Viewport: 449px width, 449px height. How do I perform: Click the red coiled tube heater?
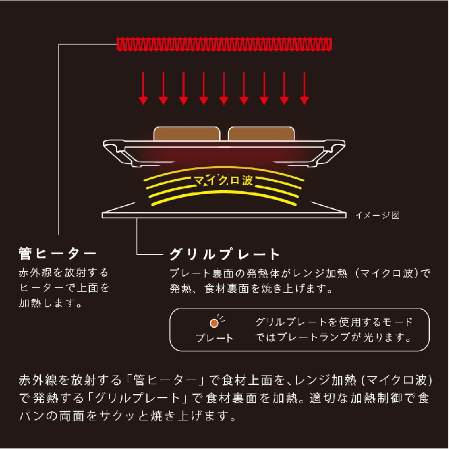[x=224, y=44]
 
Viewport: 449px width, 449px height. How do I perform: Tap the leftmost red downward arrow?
[x=143, y=88]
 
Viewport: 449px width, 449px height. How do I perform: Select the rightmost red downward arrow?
[x=304, y=88]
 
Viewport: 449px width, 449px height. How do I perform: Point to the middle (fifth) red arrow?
[x=224, y=88]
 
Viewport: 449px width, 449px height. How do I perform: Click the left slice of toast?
[x=187, y=134]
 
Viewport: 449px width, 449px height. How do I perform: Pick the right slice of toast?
[x=261, y=134]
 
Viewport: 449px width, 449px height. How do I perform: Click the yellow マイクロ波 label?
[x=223, y=180]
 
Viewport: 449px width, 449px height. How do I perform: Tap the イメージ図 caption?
[x=377, y=215]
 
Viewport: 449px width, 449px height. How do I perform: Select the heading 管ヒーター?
[x=57, y=254]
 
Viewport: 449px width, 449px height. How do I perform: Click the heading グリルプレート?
[x=224, y=254]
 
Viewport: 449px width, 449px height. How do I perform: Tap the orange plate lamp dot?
[x=214, y=323]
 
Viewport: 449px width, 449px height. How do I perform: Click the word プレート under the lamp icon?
[x=215, y=338]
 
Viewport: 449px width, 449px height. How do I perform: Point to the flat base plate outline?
[x=224, y=215]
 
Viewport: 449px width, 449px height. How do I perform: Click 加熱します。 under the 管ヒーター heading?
[x=50, y=303]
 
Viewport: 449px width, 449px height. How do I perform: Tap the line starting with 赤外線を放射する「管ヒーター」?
[x=226, y=380]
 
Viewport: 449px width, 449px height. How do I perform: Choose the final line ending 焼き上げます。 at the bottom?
[x=128, y=416]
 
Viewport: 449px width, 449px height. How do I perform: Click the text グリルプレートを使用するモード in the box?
[x=334, y=322]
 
